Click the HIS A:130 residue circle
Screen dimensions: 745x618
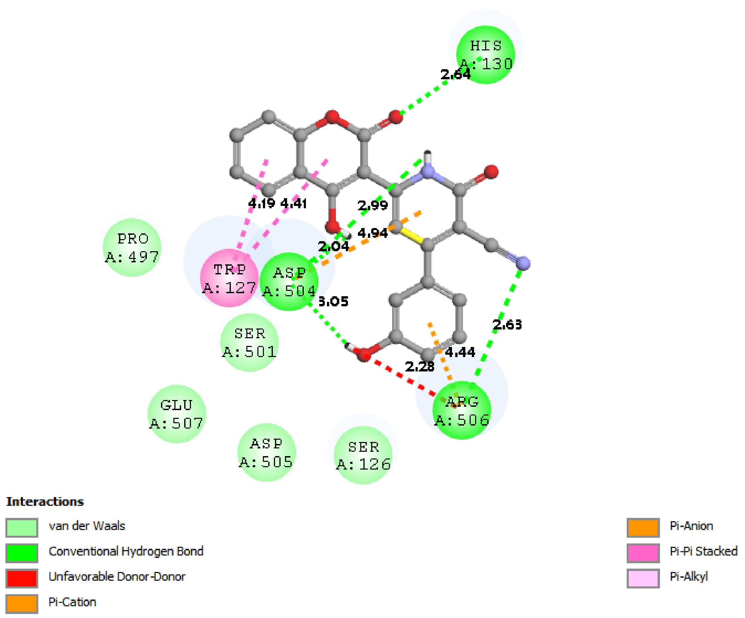[485, 55]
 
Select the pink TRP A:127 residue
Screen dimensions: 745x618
[229, 278]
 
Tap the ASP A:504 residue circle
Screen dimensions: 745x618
[289, 281]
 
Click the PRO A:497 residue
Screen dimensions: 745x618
[132, 248]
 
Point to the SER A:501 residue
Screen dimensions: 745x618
[249, 343]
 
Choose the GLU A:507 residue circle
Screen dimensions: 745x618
[177, 414]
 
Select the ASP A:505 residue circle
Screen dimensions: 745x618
[266, 452]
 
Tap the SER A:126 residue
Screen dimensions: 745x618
[363, 455]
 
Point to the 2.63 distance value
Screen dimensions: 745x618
[507, 324]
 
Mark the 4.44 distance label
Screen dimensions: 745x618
[460, 352]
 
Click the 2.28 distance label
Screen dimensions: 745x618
[420, 366]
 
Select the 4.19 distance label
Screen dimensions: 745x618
[261, 204]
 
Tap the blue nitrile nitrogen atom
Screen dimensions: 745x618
[523, 263]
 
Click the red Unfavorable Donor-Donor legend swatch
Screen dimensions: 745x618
[22, 578]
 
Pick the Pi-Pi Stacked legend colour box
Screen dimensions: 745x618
[643, 553]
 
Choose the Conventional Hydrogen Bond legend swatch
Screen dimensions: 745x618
[22, 553]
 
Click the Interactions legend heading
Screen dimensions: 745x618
[45, 502]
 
